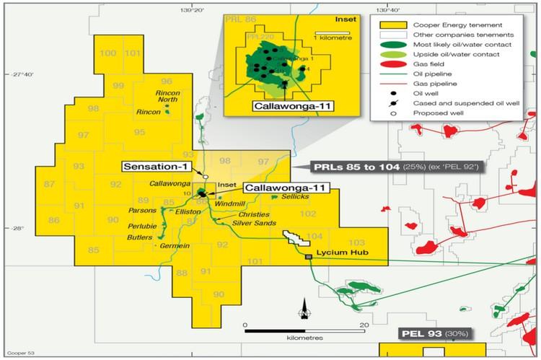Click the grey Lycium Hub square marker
click(x=309, y=257)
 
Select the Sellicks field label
click(x=296, y=196)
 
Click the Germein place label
click(x=172, y=246)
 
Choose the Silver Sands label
click(x=249, y=224)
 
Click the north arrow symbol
click(x=305, y=309)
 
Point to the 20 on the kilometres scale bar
click(x=365, y=325)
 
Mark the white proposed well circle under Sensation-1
click(x=206, y=177)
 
